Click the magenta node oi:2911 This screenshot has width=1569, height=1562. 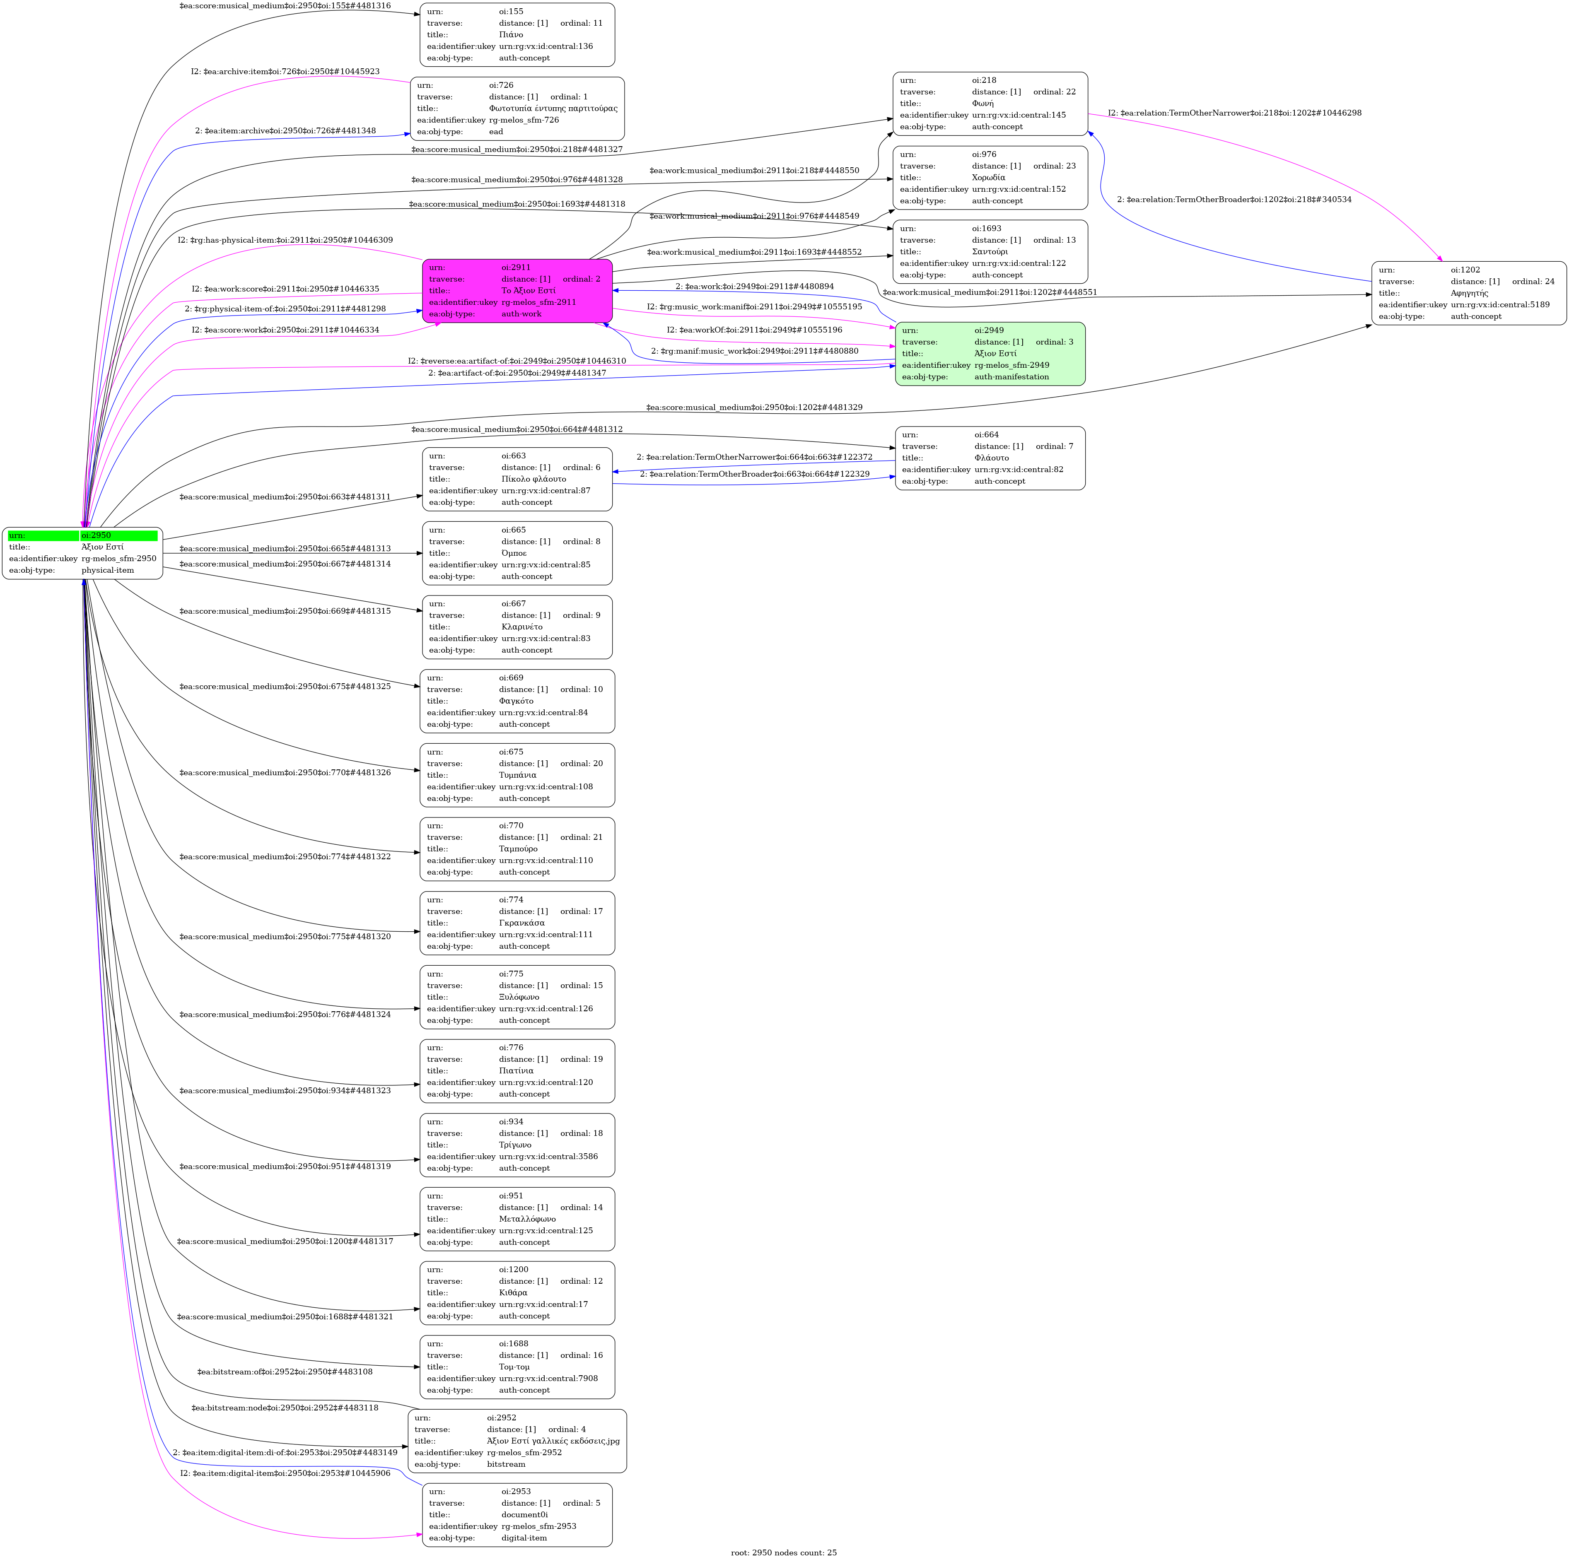coord(517,291)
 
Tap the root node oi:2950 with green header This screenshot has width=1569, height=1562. coord(83,553)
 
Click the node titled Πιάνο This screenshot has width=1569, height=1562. coord(517,35)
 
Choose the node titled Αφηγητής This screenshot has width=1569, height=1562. coord(1469,293)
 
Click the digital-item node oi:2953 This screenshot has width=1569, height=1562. coord(517,1515)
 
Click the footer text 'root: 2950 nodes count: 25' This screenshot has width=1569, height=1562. coord(784,1552)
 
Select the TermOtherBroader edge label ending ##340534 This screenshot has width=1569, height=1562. coord(1234,199)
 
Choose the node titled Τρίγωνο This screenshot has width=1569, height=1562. coord(517,1145)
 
